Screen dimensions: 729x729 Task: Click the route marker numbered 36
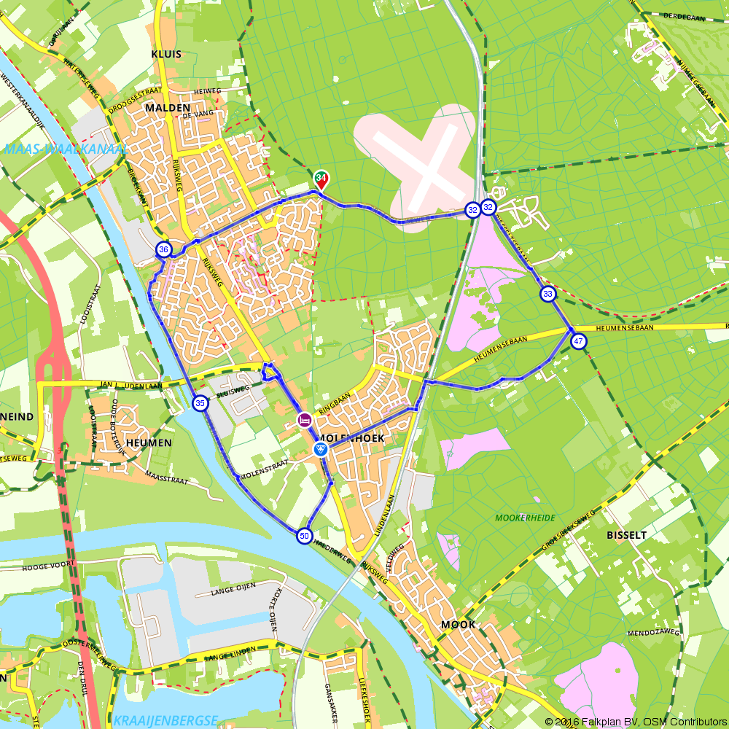163,249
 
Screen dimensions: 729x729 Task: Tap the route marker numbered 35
200,402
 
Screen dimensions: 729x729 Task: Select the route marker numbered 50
304,536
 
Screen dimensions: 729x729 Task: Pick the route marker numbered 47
578,341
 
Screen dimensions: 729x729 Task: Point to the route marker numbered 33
547,294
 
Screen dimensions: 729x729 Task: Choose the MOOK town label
458,625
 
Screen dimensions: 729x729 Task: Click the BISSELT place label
626,534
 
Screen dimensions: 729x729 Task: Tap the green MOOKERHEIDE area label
525,518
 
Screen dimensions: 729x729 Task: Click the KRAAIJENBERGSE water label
165,720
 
